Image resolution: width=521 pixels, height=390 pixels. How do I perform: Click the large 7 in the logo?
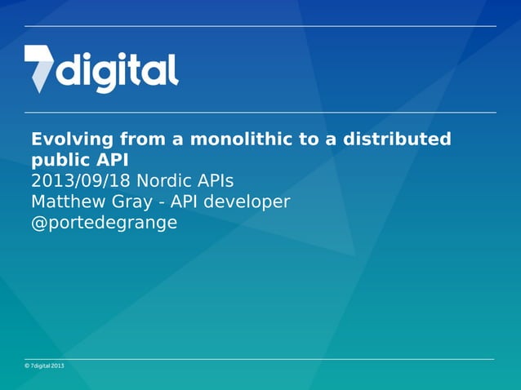(x=38, y=67)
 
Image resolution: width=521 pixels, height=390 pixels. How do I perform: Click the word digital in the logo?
(x=117, y=71)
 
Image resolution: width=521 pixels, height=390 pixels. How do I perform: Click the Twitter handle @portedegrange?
(x=104, y=223)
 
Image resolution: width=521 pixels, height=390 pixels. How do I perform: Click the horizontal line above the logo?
(x=260, y=26)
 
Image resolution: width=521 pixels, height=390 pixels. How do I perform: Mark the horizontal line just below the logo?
(x=260, y=113)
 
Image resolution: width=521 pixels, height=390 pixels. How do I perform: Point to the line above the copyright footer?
(x=260, y=359)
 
